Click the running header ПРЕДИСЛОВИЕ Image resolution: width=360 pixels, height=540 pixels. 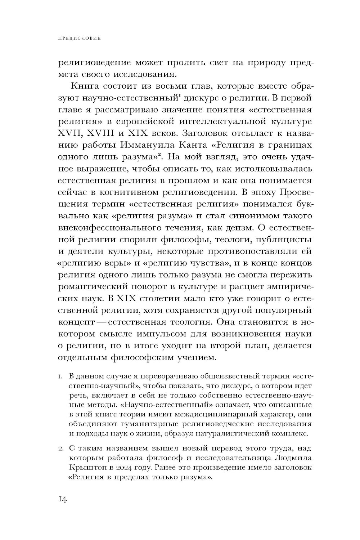79,37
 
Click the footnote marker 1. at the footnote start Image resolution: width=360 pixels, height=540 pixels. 60,377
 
